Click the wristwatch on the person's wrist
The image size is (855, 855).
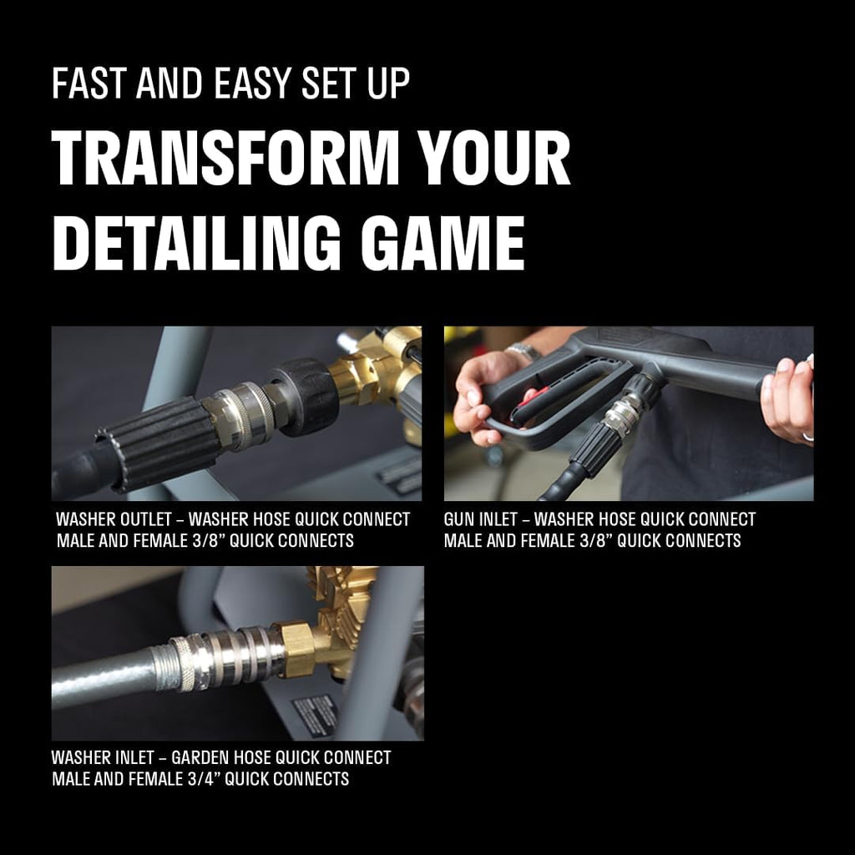click(x=524, y=352)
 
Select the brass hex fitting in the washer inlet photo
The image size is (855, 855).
click(x=296, y=650)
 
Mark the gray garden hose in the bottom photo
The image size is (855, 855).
click(x=104, y=676)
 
